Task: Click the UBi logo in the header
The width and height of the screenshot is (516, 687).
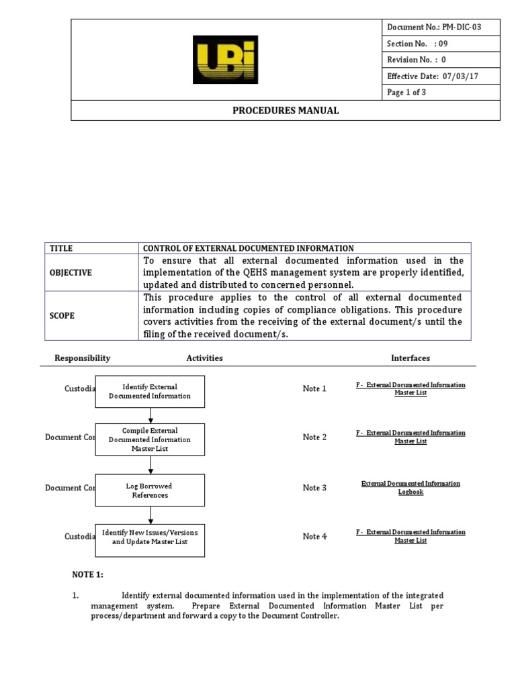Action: tap(225, 60)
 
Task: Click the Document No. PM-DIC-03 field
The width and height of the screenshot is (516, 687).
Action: tap(434, 27)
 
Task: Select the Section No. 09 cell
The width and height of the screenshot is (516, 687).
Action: tap(417, 44)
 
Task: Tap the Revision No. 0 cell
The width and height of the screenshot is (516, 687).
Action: tap(417, 60)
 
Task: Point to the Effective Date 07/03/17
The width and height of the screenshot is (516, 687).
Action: tap(433, 76)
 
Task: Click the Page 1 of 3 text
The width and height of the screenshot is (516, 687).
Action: tap(407, 93)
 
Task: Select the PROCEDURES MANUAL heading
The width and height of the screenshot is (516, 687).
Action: tap(286, 110)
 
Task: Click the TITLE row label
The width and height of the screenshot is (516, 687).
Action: tap(60, 248)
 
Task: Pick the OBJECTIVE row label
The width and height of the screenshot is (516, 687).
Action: tap(71, 273)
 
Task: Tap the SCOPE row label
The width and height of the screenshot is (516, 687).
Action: tap(62, 315)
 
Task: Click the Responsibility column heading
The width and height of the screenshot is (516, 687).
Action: tap(83, 358)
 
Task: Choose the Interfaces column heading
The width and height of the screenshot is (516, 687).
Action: tap(411, 358)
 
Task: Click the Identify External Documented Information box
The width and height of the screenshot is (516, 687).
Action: tap(150, 391)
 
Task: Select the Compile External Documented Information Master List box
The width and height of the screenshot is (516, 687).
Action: tap(150, 439)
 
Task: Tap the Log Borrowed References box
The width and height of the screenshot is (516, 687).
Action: tap(150, 490)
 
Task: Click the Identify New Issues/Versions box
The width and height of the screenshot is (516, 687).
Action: tap(150, 537)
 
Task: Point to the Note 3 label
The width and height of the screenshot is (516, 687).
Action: tap(314, 488)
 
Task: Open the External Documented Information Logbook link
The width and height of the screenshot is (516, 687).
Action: tap(411, 488)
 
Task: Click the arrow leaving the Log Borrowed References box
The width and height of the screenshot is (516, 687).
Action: tap(150, 515)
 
